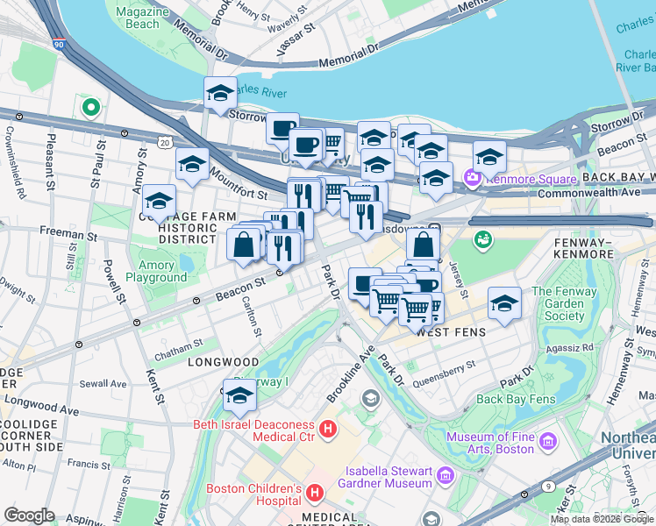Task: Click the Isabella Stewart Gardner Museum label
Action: click(x=389, y=477)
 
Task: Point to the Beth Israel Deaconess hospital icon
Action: click(x=328, y=430)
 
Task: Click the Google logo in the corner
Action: click(x=29, y=515)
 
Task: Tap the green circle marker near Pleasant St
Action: click(x=89, y=108)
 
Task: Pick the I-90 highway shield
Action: click(x=58, y=42)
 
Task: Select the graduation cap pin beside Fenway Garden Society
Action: click(x=503, y=302)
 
